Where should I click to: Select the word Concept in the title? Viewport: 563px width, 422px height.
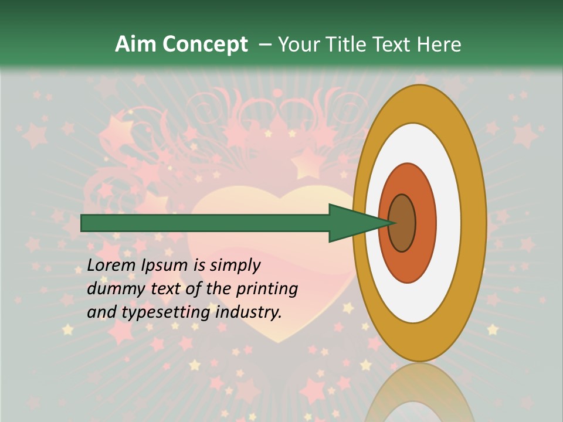(205, 45)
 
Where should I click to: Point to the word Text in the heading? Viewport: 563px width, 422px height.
(396, 45)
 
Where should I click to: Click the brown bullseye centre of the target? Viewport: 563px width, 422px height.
(402, 223)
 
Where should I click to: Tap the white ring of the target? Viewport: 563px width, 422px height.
(449, 223)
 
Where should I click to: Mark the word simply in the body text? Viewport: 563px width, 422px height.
(235, 266)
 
